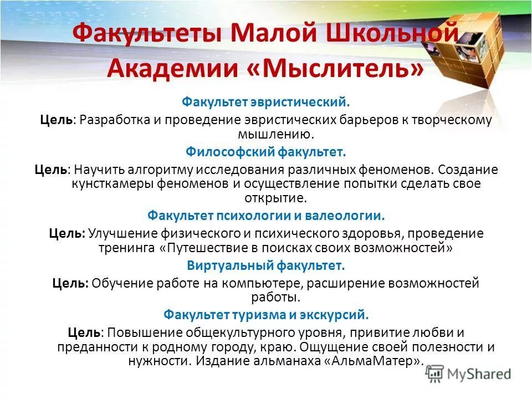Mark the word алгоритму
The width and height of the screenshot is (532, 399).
click(154, 169)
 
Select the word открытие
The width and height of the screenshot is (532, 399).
click(275, 197)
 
